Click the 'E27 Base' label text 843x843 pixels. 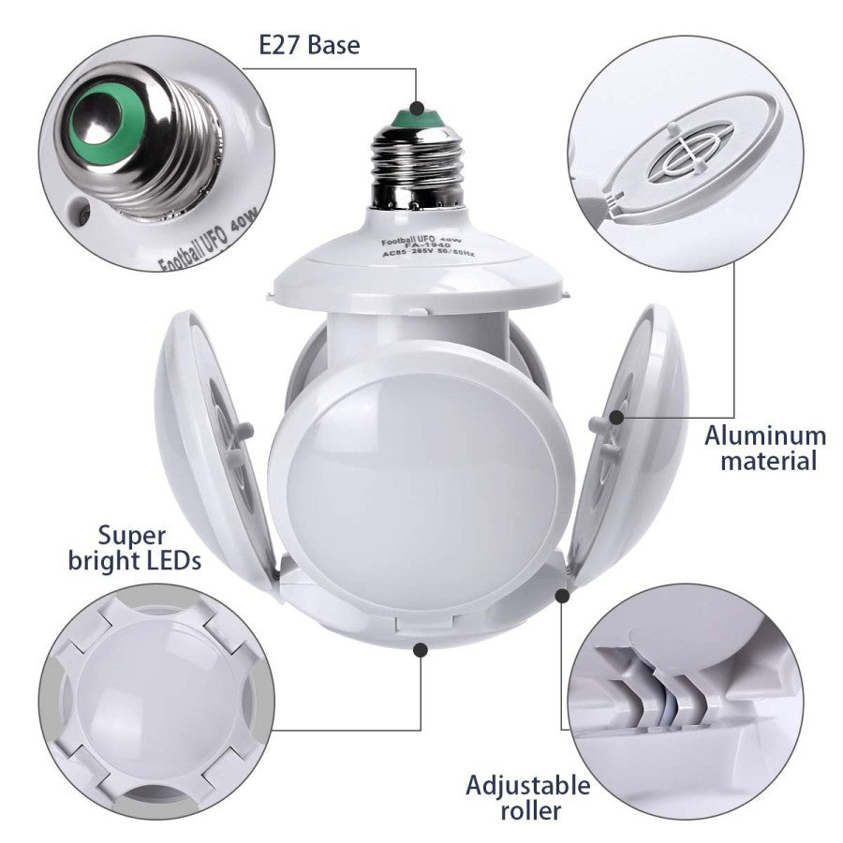point(309,45)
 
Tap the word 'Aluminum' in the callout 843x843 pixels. point(765,436)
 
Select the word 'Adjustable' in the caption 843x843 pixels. point(528,786)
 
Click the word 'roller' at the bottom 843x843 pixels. point(531,811)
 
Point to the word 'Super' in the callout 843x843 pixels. point(132,537)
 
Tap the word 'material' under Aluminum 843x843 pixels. point(769,461)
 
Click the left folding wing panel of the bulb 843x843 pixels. point(215,446)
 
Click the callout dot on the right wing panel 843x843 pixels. point(617,417)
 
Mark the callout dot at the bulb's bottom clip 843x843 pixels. point(421,650)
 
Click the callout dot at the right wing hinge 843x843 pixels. point(562,596)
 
